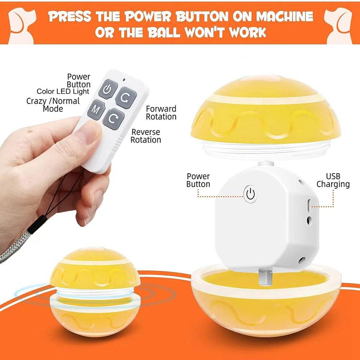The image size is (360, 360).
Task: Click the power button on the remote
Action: click(108, 89)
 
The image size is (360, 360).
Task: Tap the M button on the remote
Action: click(96, 109)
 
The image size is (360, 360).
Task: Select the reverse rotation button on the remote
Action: click(113, 119)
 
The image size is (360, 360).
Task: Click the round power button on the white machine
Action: click(251, 194)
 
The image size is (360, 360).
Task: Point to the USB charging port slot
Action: click(309, 205)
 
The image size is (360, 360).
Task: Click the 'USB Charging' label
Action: click(333, 180)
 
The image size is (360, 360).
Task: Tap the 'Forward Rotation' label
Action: click(161, 113)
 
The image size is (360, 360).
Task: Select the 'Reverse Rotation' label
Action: click(146, 136)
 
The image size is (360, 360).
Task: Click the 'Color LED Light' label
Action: click(63, 91)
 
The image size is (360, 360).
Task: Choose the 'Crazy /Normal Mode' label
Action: click(53, 105)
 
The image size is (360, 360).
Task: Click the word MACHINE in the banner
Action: click(284, 16)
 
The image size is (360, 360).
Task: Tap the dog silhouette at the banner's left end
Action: click(22, 26)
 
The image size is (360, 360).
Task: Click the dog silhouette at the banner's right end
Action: click(338, 26)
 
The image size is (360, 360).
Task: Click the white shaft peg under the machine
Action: click(265, 278)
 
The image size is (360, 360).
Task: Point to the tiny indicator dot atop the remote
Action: click(124, 80)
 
